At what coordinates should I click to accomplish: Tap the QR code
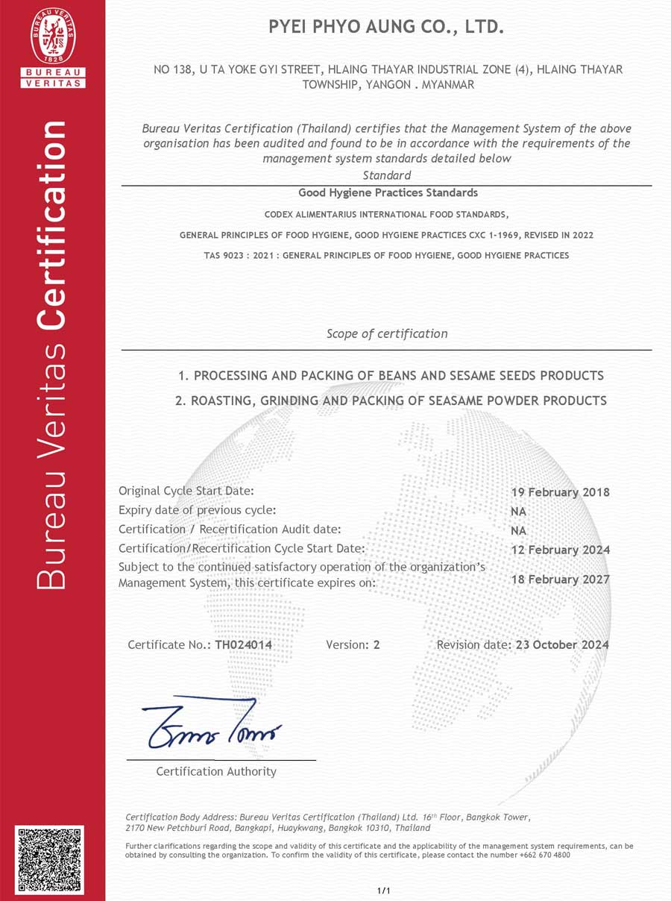49,860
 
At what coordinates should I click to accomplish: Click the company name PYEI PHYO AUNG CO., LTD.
386,28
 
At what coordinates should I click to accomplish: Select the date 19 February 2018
560,492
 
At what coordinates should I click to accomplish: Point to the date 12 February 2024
560,550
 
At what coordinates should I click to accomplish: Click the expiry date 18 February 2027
560,580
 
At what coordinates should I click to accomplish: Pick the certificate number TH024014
243,644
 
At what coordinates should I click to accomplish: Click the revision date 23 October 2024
562,644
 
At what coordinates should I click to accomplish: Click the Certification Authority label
216,771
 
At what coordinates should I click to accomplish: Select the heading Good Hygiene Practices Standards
388,192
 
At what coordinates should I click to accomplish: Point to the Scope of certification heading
387,333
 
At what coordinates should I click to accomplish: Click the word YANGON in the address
388,84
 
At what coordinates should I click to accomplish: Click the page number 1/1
384,891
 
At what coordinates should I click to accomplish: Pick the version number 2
377,644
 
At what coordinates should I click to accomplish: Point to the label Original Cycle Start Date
186,491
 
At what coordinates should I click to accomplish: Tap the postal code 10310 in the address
378,828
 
